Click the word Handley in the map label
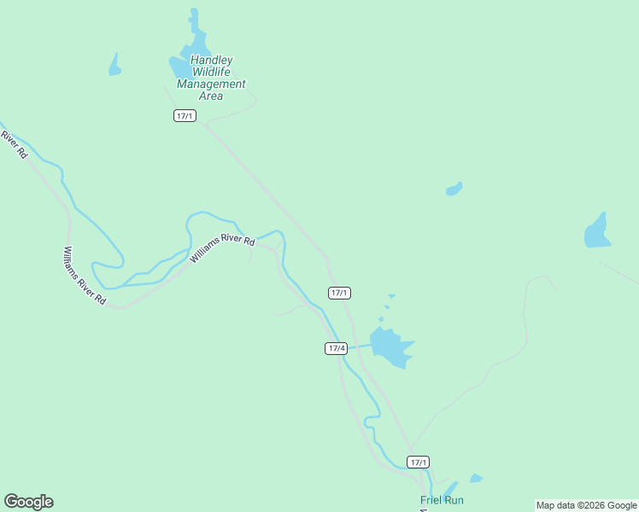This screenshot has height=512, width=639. [x=211, y=61]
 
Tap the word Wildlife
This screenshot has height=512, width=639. [x=211, y=73]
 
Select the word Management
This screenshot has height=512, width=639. [x=211, y=84]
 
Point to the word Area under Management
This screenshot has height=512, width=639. [x=211, y=96]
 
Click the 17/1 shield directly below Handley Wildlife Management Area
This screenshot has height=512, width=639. [x=185, y=116]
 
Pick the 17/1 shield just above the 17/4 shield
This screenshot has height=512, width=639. [x=339, y=293]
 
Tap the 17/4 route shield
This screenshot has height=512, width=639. [x=337, y=348]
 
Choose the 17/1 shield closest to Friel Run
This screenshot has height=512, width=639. [x=418, y=463]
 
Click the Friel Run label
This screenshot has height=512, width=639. [x=442, y=500]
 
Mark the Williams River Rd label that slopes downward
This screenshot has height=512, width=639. [x=84, y=276]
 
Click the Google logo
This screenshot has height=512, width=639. [x=28, y=502]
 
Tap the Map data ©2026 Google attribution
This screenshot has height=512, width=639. [x=586, y=505]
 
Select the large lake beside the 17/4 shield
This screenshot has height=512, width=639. [x=391, y=346]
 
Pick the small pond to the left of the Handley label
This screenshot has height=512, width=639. [x=114, y=66]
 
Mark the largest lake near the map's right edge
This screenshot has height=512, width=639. [x=597, y=231]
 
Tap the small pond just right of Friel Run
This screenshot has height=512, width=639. [x=476, y=479]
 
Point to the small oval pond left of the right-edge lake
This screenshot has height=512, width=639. [x=454, y=189]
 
